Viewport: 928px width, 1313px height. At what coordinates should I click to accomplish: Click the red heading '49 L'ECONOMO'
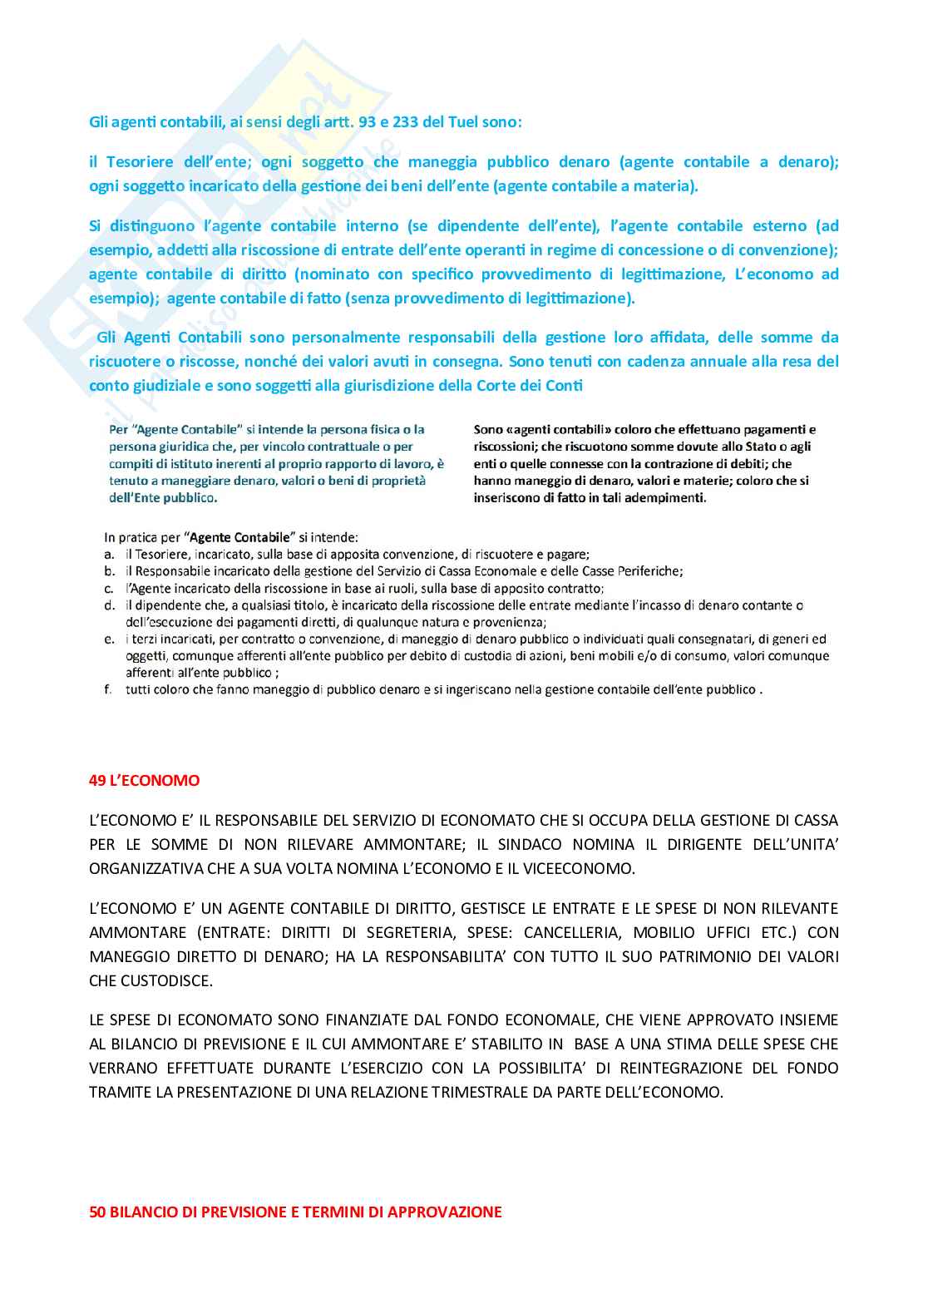click(144, 780)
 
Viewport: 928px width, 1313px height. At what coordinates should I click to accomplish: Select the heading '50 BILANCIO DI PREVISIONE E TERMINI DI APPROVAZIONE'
click(295, 1212)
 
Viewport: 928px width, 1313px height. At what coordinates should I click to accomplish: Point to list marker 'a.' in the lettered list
click(109, 554)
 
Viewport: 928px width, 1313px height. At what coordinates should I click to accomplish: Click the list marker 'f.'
click(108, 689)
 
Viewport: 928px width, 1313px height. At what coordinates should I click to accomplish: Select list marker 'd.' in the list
click(109, 605)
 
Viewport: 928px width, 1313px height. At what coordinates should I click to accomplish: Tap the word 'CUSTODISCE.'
click(151, 980)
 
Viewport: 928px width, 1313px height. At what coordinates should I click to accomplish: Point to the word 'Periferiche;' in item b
click(648, 571)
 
